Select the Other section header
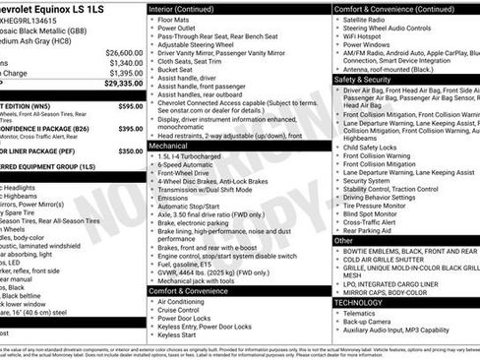click(343, 240)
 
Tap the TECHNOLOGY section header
click(359, 303)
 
